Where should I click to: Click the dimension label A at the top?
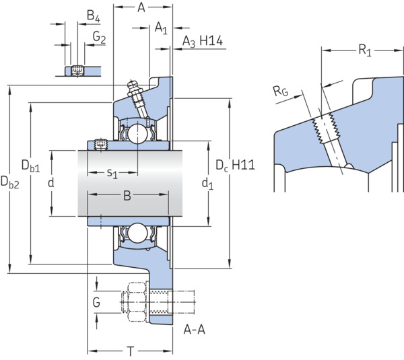click(x=141, y=7)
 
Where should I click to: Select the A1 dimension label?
click(x=161, y=28)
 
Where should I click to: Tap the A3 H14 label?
click(x=203, y=41)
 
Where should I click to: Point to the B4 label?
click(x=94, y=15)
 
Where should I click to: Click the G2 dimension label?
click(x=99, y=37)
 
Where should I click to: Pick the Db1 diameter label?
click(x=31, y=166)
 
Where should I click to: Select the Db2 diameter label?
click(x=10, y=182)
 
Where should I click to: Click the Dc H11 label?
click(x=235, y=165)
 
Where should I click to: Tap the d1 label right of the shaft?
click(x=207, y=184)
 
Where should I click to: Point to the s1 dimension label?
click(x=112, y=173)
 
